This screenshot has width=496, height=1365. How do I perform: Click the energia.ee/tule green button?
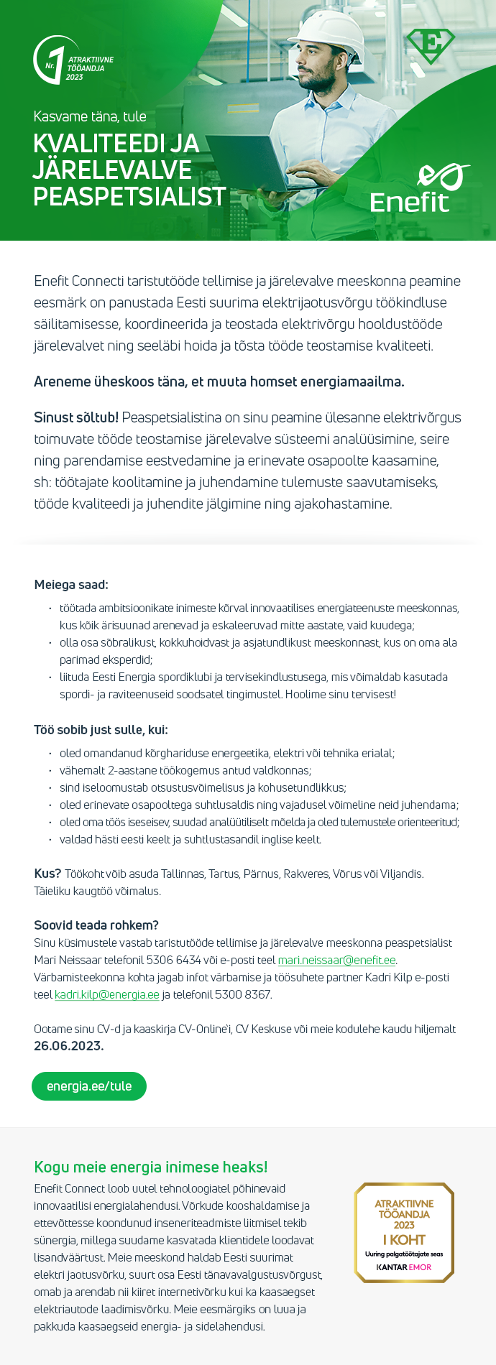point(89,1086)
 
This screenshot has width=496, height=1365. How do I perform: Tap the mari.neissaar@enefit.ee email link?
point(336,961)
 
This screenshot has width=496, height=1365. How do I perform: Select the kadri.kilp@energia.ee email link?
point(107,995)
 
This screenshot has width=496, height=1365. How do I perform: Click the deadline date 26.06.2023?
point(68,1046)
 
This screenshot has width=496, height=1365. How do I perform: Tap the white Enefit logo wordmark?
point(410,202)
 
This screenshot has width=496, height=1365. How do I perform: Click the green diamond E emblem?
point(431,45)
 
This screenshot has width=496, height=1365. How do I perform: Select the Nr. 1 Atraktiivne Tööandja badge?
point(72,61)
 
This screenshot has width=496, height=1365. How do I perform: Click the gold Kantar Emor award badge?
point(404,1232)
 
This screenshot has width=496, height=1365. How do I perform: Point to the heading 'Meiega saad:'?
point(71,585)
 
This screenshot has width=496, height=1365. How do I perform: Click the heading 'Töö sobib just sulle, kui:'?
point(101,730)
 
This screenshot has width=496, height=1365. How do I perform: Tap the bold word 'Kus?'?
point(47,874)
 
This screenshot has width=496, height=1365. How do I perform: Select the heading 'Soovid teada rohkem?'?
point(96,925)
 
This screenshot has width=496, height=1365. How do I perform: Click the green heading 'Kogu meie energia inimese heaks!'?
point(151,1167)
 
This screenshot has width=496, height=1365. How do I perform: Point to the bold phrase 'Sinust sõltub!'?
point(76,417)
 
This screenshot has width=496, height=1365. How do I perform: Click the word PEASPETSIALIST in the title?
point(129,197)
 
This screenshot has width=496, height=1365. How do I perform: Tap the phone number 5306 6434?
point(173,961)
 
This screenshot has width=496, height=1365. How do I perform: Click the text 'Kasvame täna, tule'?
point(90,116)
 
